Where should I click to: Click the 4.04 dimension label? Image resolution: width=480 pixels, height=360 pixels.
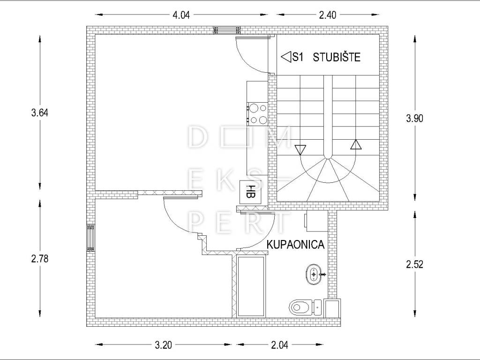181,15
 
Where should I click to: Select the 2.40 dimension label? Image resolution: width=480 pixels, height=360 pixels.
328,15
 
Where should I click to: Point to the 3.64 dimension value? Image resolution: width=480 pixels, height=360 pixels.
40,112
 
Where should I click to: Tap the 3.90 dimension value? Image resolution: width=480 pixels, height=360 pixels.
414,118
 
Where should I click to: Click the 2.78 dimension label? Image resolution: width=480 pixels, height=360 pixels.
40,259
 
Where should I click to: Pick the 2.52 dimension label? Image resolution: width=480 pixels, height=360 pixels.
414,264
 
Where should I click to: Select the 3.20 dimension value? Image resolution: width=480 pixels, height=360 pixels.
163,345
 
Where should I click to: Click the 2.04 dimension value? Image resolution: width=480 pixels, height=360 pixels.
279,345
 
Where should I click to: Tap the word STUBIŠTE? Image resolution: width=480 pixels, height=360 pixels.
337,57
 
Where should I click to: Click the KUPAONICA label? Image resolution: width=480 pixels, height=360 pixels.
295,245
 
